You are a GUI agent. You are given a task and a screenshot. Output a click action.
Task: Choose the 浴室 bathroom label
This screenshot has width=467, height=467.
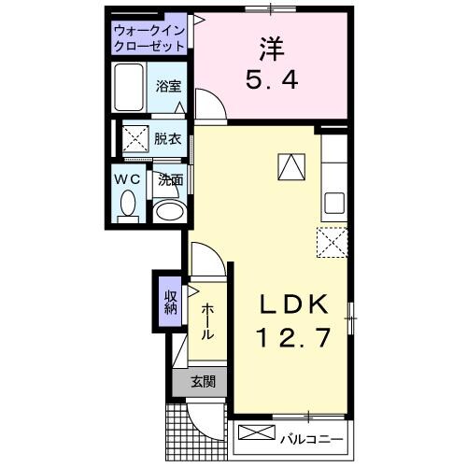click(169, 86)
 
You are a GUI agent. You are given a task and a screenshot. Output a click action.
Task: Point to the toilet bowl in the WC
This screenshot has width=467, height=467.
click(129, 203)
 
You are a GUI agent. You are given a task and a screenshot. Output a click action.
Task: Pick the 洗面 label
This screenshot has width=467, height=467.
click(170, 181)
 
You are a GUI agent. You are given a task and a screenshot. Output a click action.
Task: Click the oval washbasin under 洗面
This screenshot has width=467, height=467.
click(169, 211)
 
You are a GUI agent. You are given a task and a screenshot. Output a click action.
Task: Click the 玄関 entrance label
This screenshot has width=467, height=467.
click(202, 380)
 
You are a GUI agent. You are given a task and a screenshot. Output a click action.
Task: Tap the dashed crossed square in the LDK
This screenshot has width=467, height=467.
click(332, 242)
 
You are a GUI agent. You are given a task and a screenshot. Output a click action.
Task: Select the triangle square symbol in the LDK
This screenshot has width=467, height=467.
click(290, 166)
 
